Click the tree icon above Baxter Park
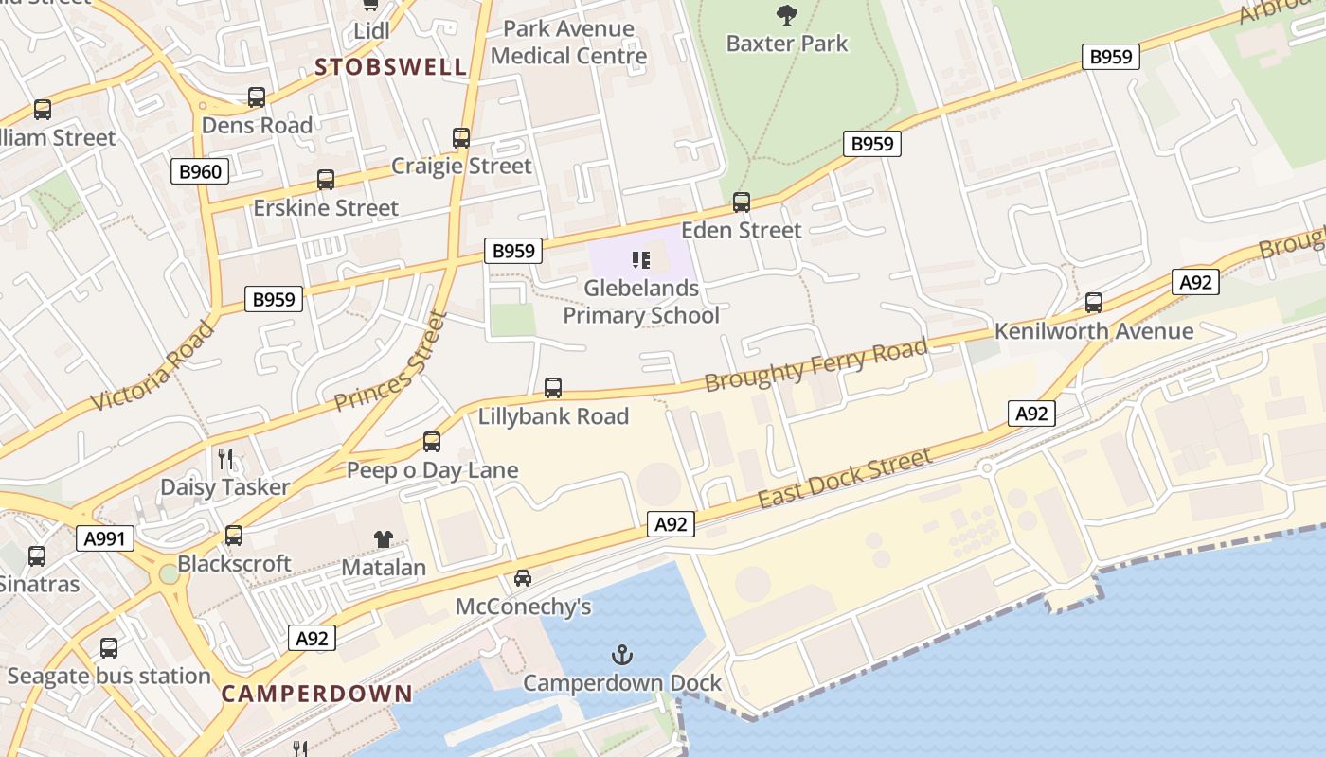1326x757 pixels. click(785, 14)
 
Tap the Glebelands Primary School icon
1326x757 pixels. click(641, 259)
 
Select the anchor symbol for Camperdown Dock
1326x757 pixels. click(621, 654)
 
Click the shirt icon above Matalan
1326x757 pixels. click(383, 539)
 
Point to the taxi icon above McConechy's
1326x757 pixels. click(522, 577)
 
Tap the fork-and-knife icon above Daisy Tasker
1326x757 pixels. click(225, 459)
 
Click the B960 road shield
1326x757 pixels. click(200, 171)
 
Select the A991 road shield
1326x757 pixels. click(105, 538)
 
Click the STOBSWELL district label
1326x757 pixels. click(391, 67)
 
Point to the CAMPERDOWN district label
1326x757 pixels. click(317, 694)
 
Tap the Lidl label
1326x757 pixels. click(371, 31)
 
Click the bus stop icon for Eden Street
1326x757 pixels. click(742, 202)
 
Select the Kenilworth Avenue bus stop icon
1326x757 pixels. click(1094, 303)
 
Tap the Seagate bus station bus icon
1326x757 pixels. click(109, 648)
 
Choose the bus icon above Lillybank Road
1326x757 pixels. click(553, 388)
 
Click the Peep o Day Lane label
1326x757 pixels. click(432, 470)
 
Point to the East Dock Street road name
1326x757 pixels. click(845, 479)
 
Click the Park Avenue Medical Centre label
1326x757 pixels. click(568, 43)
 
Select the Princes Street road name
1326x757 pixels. click(390, 361)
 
